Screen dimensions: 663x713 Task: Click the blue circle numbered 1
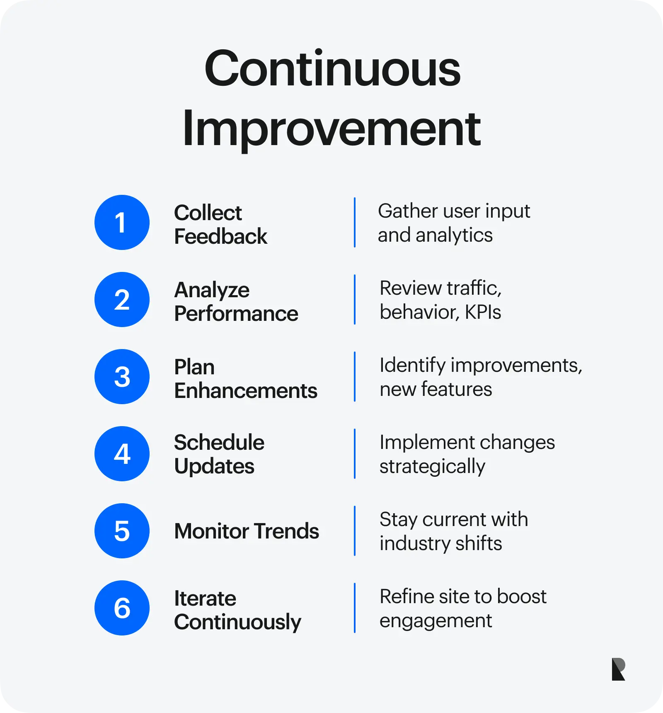point(122,222)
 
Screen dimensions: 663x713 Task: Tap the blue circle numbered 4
point(122,454)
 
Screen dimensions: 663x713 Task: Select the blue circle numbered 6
point(122,608)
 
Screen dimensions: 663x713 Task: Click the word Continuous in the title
point(332,68)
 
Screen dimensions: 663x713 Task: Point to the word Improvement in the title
point(331,129)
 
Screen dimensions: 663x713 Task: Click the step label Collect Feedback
point(220,224)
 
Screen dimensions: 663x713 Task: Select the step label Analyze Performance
point(236,301)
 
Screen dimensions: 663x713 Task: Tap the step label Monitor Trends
point(247,531)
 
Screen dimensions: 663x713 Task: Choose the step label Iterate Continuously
point(237,610)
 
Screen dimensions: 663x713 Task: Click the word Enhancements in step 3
point(246,390)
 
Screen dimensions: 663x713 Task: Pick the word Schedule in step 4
point(219,442)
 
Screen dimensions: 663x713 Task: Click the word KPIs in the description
point(483,312)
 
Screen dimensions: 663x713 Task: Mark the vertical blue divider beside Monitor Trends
point(355,531)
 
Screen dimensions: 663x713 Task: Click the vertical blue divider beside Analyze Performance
point(355,299)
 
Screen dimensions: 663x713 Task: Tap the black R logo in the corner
point(618,669)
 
